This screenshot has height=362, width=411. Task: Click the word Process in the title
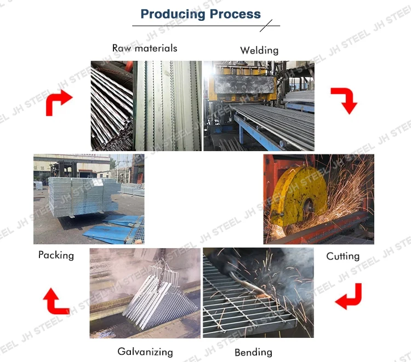[233, 14]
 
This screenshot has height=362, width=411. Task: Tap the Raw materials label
[145, 48]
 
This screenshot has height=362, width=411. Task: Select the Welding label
[259, 50]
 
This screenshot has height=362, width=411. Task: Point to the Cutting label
[342, 256]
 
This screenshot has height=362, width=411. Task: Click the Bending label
[253, 352]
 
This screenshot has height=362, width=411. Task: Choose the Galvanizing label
[145, 352]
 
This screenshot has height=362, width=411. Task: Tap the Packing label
[56, 255]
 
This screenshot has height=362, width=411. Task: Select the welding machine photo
[259, 105]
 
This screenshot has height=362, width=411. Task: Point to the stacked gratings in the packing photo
[82, 195]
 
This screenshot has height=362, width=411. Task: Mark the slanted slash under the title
[266, 25]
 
